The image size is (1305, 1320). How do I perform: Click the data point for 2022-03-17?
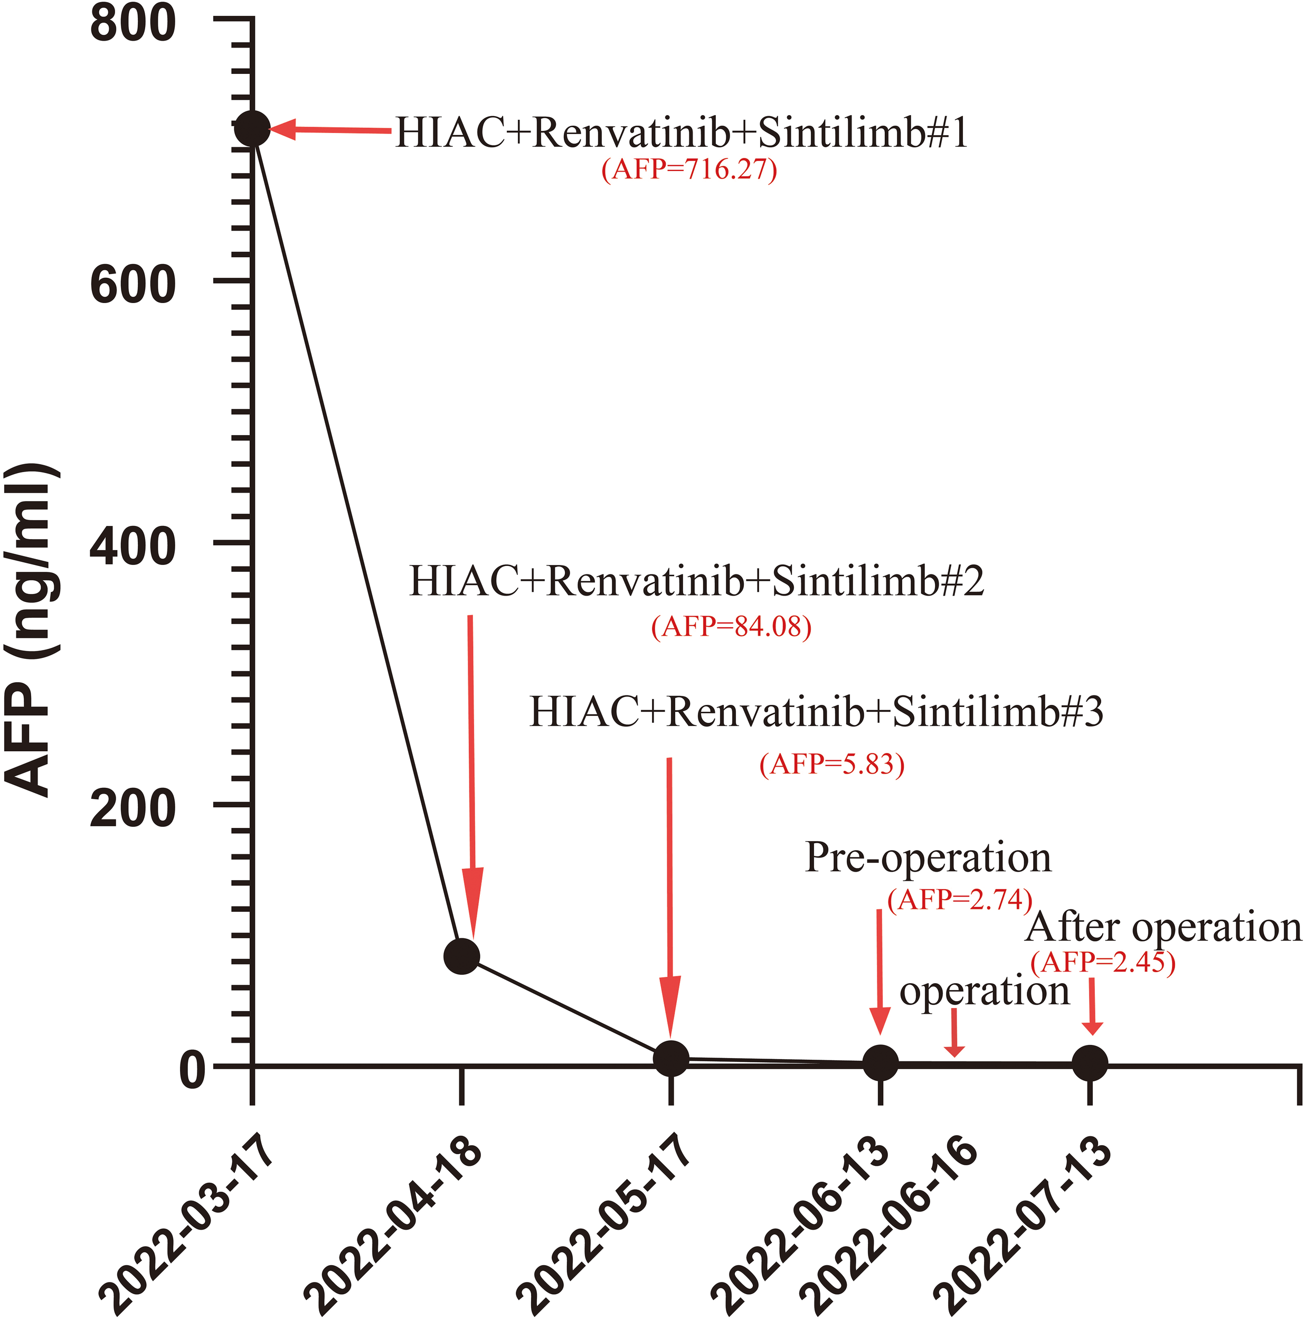click(253, 128)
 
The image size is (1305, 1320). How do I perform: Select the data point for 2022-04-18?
click(462, 956)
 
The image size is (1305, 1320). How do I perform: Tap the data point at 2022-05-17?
click(671, 1058)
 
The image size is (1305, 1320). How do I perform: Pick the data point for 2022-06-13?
click(880, 1062)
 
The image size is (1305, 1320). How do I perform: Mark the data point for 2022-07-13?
click(1090, 1062)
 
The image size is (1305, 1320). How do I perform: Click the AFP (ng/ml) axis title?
click(32, 628)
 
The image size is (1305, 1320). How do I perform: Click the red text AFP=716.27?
click(689, 168)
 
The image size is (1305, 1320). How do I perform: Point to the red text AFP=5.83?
click(831, 763)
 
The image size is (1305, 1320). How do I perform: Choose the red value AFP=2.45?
click(1102, 962)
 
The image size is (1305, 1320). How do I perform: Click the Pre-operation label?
click(928, 857)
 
